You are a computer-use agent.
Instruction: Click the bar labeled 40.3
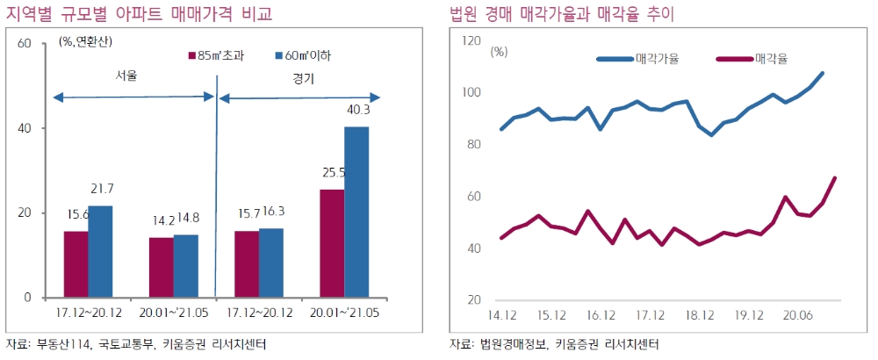[x=356, y=212]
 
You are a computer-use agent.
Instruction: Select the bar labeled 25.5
[x=331, y=243]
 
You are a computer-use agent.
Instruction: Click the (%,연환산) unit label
[x=85, y=41]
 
